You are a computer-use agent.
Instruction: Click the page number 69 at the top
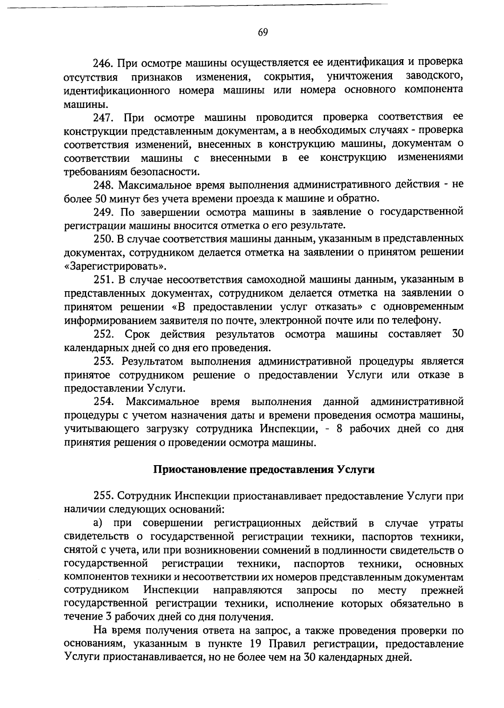[263, 32]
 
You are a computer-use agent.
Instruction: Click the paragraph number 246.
[102, 63]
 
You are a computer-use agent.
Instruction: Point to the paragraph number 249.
[102, 212]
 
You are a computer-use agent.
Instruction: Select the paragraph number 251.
[102, 280]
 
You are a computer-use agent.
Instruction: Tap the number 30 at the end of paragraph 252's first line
[457, 334]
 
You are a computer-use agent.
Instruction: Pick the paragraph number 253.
[102, 361]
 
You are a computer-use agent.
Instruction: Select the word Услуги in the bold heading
[356, 470]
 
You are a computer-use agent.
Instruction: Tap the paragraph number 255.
[102, 496]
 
